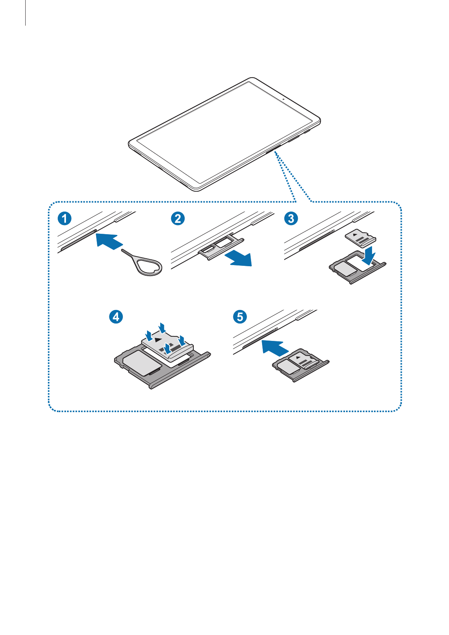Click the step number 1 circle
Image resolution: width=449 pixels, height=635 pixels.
[64, 218]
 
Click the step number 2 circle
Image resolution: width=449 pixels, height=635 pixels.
[178, 218]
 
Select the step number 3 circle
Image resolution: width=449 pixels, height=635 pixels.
[291, 218]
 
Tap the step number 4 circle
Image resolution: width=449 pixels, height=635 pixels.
[116, 316]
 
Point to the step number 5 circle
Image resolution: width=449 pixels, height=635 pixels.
[240, 316]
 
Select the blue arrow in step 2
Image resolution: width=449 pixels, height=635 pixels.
[238, 259]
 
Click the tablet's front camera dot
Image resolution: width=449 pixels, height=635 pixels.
[283, 100]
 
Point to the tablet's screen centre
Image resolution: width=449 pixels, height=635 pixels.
[224, 134]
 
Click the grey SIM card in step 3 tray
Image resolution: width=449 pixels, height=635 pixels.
[344, 268]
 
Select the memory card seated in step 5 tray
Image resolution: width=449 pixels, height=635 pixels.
[306, 360]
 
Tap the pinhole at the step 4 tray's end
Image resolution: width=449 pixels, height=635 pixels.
[208, 354]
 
